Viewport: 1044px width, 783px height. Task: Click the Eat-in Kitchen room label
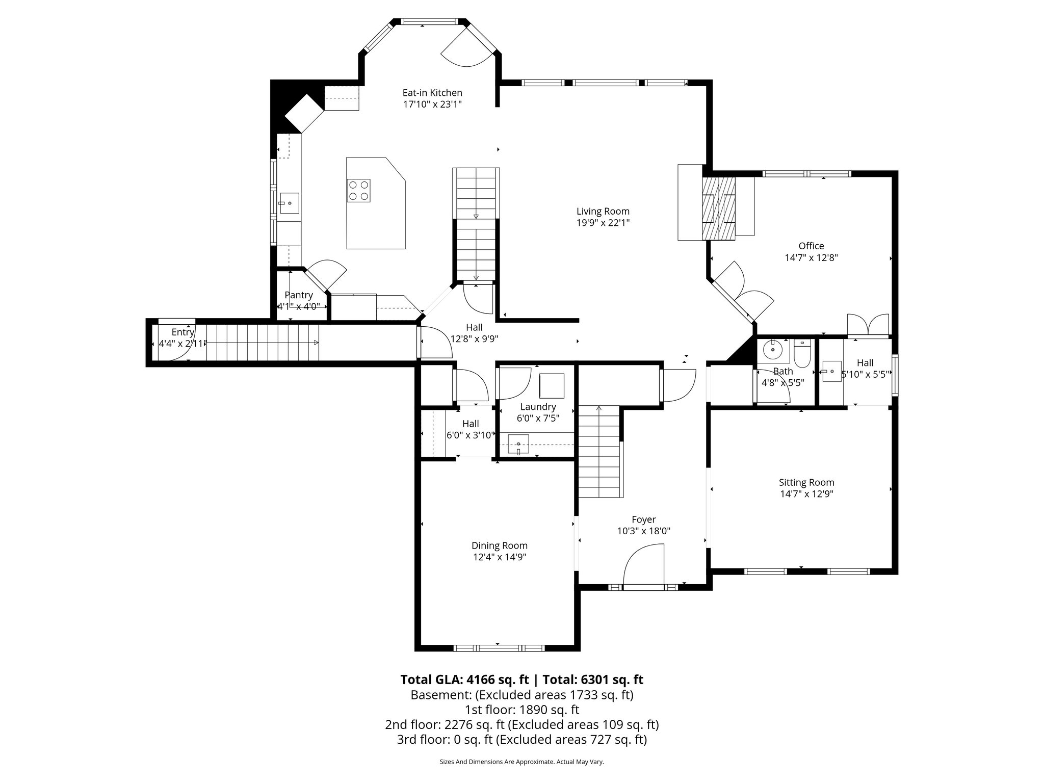(432, 93)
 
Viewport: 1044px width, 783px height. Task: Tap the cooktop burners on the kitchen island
(358, 191)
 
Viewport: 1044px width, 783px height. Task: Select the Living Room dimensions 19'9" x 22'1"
(603, 223)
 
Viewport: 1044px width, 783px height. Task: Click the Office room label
(811, 246)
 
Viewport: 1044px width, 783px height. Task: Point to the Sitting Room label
(806, 482)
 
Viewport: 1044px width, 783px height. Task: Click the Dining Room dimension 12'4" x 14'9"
(499, 557)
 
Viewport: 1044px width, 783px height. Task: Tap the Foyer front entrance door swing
(643, 566)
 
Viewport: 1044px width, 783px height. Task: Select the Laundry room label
(538, 407)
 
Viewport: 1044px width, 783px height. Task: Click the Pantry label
(298, 295)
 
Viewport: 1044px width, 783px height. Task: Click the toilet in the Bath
(802, 355)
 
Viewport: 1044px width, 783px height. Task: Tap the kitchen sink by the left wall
(289, 203)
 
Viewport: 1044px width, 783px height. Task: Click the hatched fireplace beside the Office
(719, 207)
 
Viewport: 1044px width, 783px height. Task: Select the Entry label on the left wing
(182, 332)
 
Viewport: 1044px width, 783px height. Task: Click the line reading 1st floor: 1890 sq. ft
(521, 710)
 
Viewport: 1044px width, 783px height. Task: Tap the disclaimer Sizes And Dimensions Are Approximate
(521, 762)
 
